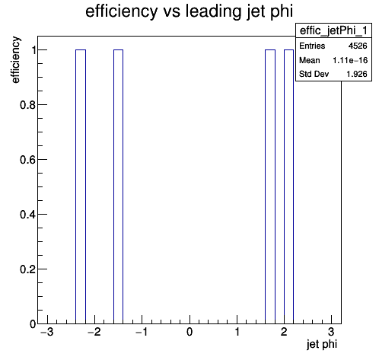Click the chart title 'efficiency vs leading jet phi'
tap(189, 11)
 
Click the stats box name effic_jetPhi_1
tap(333, 30)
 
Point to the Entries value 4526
tap(358, 46)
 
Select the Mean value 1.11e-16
tap(350, 60)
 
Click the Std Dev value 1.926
tap(357, 74)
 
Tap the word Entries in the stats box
tap(312, 46)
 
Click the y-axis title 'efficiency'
tap(15, 60)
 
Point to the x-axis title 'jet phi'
tap(322, 345)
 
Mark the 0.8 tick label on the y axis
tap(27, 105)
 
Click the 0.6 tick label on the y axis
tap(27, 160)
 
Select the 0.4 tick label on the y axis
tap(27, 215)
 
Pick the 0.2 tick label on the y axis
tap(27, 269)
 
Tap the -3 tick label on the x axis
tap(47, 332)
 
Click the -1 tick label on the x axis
tap(142, 332)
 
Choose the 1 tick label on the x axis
tap(237, 332)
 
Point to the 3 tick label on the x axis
tap(331, 332)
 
